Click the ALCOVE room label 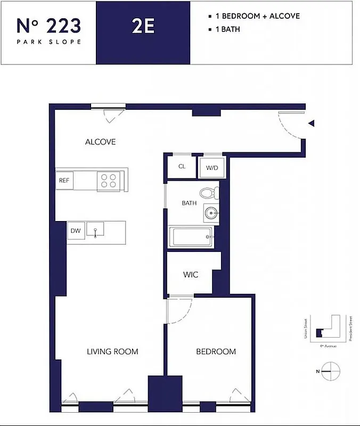click(100, 142)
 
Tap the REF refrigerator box click(64, 180)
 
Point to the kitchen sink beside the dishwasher click(95, 230)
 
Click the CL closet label click(182, 166)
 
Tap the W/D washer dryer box click(212, 168)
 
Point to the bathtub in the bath click(191, 237)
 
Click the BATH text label click(189, 203)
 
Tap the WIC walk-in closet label click(191, 275)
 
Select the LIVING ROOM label click(112, 351)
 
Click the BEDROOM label click(216, 351)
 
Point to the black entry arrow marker click(312, 124)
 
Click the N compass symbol click(330, 370)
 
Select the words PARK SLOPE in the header click(48, 42)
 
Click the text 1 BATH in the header click(227, 29)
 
